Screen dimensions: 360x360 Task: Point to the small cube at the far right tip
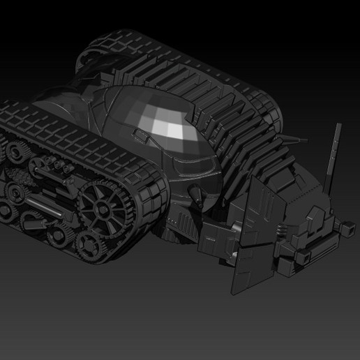(345, 227)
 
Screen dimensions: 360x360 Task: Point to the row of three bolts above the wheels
(54, 165)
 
